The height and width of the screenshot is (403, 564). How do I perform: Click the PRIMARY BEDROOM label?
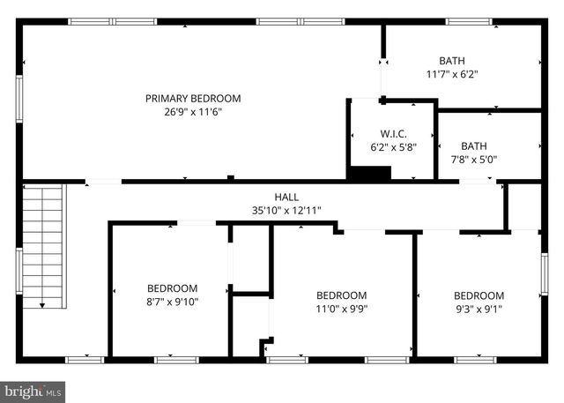point(192,99)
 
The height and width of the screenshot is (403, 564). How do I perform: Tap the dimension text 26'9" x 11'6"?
point(192,112)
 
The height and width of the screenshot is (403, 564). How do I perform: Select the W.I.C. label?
point(392,133)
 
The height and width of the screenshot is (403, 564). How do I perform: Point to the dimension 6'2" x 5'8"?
point(392,147)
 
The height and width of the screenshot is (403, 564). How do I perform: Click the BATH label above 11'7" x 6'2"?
point(451,61)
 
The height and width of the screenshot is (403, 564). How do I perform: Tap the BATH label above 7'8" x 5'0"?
point(473,146)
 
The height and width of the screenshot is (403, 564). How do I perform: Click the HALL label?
point(286,198)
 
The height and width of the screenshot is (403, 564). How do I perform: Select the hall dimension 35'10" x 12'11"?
point(286,211)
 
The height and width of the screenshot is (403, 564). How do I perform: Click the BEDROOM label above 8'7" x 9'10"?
point(172,288)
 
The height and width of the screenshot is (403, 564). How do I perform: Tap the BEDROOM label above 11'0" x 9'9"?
point(341,295)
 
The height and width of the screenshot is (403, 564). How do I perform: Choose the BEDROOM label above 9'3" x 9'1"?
point(479,295)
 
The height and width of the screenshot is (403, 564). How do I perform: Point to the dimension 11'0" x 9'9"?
point(342,310)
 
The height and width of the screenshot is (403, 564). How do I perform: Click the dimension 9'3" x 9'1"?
point(479,310)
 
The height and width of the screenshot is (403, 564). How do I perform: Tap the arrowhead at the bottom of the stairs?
point(43,304)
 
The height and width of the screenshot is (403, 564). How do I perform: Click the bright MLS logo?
point(33,389)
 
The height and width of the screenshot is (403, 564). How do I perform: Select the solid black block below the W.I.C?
point(368,173)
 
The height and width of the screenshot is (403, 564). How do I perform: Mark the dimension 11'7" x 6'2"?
point(451,75)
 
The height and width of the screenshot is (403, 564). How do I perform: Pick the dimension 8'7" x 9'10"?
point(172,302)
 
